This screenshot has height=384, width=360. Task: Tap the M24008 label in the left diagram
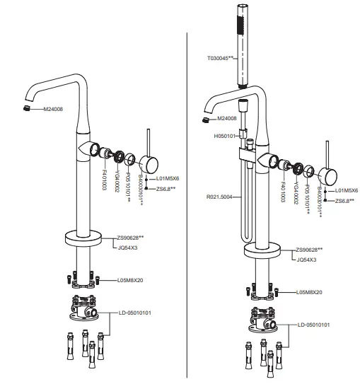tap(54, 110)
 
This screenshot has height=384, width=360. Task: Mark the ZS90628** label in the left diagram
tap(132, 237)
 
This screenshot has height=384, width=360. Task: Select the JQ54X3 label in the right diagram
tap(305, 260)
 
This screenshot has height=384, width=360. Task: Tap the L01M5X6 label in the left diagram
tap(168, 179)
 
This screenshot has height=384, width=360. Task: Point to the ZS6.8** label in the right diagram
tap(344, 201)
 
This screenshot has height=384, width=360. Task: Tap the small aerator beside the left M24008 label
tap(26, 108)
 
